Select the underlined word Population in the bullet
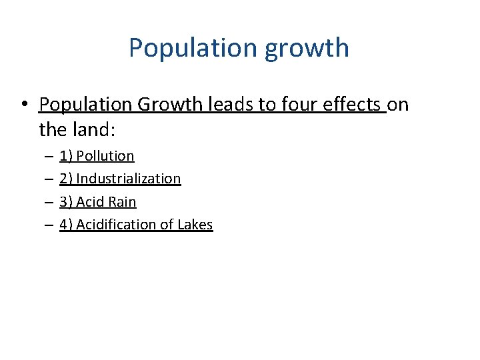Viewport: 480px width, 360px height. pos(85,105)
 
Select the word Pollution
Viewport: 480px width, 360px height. pos(105,156)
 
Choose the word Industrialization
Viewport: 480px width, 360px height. pos(129,179)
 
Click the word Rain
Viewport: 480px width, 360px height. pos(121,201)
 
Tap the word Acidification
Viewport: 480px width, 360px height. pos(117,225)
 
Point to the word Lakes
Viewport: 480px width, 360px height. pos(195,225)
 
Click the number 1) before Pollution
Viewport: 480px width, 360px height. pos(66,156)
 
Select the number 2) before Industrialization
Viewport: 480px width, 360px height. pos(66,179)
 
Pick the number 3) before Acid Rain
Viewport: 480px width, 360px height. pos(66,201)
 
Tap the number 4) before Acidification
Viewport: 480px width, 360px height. pos(66,225)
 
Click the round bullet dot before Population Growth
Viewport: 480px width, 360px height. pos(23,105)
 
